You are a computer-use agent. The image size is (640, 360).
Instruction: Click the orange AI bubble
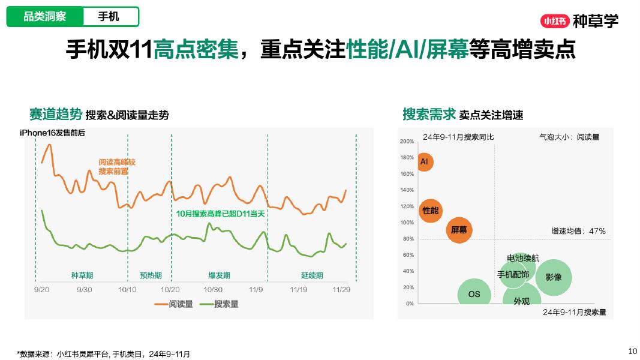click(425, 162)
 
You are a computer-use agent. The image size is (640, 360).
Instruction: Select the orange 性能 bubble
click(431, 211)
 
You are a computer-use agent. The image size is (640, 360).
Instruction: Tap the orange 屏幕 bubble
click(459, 230)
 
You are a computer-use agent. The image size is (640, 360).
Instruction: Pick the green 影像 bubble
click(553, 277)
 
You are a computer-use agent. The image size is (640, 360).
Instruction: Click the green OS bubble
click(474, 294)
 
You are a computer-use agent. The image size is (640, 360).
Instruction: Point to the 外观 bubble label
click(521, 301)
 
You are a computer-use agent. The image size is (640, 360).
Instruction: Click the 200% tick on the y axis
click(407, 142)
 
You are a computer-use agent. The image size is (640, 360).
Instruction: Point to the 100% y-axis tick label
click(407, 223)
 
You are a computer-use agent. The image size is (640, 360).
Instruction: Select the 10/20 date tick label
click(171, 290)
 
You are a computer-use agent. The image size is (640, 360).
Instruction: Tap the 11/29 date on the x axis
click(342, 290)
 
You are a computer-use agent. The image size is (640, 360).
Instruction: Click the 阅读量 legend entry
click(174, 304)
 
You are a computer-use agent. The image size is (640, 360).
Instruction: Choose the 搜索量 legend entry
click(220, 304)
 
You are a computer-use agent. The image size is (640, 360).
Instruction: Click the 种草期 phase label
click(82, 275)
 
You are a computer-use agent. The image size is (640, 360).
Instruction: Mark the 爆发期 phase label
click(219, 275)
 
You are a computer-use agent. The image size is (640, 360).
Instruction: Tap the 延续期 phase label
click(312, 275)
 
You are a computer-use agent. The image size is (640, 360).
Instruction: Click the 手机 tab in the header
click(109, 17)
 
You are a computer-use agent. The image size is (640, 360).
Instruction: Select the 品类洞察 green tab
click(45, 17)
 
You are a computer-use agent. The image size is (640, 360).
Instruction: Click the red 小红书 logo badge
click(554, 21)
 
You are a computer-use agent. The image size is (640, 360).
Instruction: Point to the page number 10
click(632, 351)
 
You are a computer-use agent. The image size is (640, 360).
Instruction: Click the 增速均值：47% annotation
click(578, 231)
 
